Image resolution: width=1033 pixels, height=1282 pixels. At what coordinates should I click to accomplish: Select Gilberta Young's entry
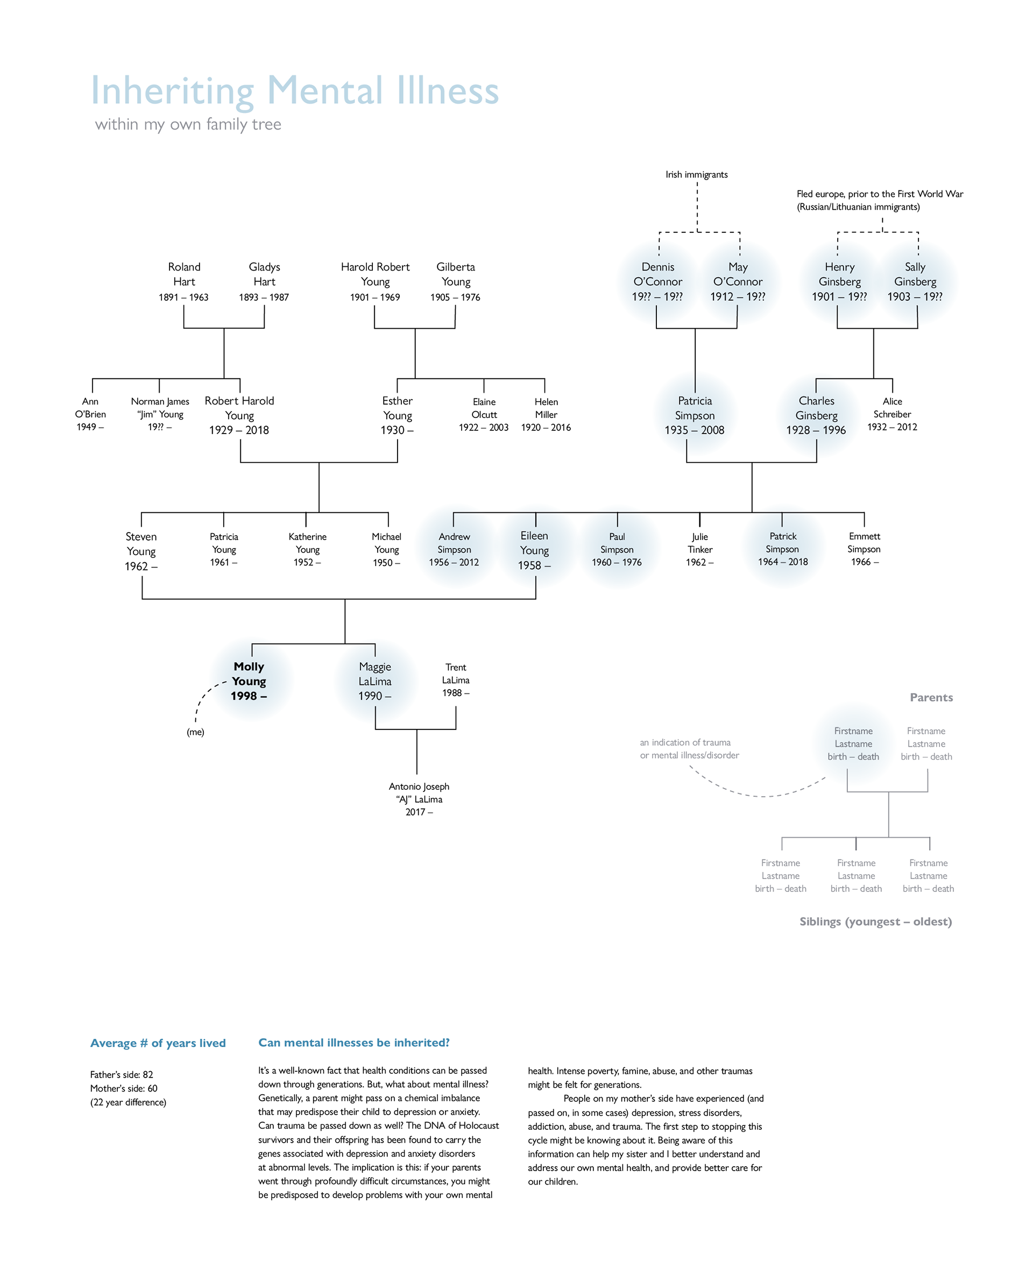(x=455, y=281)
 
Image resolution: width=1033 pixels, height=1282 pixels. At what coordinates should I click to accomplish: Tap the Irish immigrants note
(x=696, y=174)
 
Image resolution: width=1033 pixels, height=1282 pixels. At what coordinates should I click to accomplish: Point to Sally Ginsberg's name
(x=915, y=274)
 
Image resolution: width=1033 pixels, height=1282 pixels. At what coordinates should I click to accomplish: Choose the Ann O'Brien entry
(x=90, y=414)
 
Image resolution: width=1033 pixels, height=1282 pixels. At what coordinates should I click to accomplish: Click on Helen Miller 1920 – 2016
(x=546, y=415)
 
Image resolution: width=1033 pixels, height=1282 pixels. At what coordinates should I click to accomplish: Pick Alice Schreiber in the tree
(x=892, y=414)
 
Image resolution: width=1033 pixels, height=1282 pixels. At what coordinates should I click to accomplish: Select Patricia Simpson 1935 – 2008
(x=695, y=415)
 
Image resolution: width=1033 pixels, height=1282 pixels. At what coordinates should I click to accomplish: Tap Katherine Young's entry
(x=307, y=549)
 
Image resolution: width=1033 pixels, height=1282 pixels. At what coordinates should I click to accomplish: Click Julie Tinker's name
(x=700, y=542)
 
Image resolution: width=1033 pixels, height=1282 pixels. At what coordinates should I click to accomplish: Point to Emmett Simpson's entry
(x=864, y=549)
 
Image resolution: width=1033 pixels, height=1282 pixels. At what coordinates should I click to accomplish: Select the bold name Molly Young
(x=249, y=674)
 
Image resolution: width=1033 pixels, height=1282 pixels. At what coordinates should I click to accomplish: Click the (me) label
(x=195, y=732)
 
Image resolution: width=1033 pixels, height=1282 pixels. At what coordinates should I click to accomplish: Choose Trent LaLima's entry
(x=456, y=680)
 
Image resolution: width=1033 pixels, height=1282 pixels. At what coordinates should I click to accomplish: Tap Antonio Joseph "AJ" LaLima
(x=419, y=799)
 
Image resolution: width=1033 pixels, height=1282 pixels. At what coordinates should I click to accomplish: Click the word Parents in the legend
(x=931, y=697)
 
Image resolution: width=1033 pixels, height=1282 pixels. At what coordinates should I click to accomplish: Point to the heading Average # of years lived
(x=158, y=1043)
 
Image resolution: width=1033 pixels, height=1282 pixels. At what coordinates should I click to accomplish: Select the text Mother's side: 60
(x=124, y=1088)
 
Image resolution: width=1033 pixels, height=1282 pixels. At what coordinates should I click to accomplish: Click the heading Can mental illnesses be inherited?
(x=354, y=1042)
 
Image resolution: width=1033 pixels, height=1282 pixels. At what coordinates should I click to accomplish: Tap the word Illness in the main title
(x=448, y=90)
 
